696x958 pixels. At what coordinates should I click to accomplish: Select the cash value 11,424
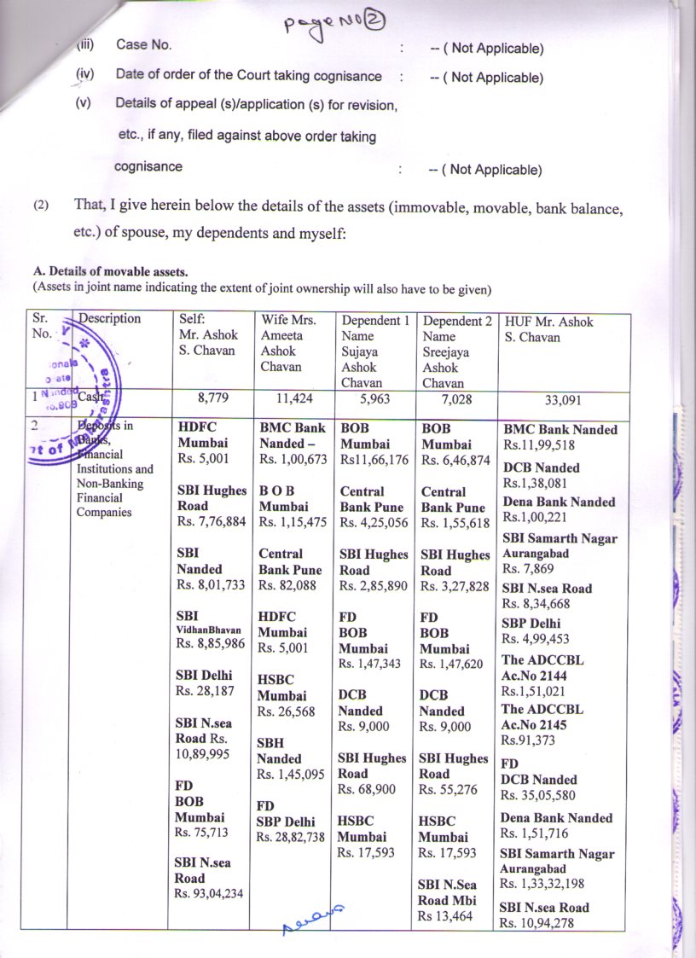click(292, 397)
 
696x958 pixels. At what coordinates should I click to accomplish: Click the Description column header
click(109, 319)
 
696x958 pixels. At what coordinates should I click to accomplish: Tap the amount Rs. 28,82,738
click(292, 837)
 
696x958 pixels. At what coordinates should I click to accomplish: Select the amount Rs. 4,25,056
click(373, 522)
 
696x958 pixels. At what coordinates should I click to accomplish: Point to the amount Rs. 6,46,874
click(455, 461)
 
